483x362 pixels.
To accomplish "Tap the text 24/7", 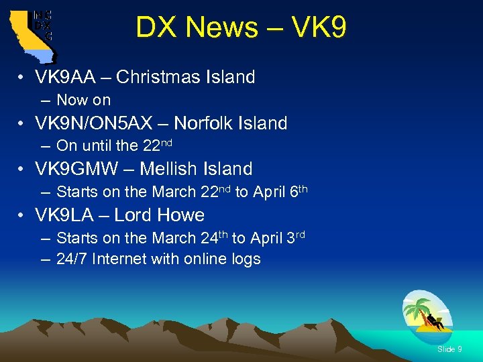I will click(x=72, y=259).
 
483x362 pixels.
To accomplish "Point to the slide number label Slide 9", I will click(x=449, y=349).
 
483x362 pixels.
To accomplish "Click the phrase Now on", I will click(x=83, y=100).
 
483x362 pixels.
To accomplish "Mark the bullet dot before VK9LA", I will click(x=23, y=216).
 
